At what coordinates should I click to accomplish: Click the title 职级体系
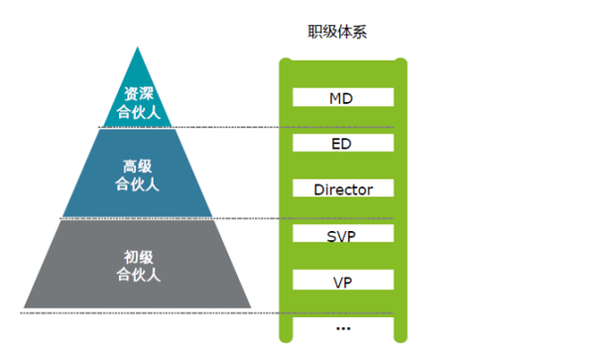340,31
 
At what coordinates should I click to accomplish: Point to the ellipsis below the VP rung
343,327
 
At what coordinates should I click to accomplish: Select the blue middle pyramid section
138,174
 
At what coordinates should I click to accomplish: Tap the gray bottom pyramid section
138,266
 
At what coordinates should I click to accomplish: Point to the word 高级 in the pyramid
138,166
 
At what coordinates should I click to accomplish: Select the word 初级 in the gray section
138,258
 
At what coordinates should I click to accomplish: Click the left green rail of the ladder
285,198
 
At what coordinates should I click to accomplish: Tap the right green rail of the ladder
402,198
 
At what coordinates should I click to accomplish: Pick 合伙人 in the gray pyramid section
138,275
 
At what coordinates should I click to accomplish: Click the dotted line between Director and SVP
238,218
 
